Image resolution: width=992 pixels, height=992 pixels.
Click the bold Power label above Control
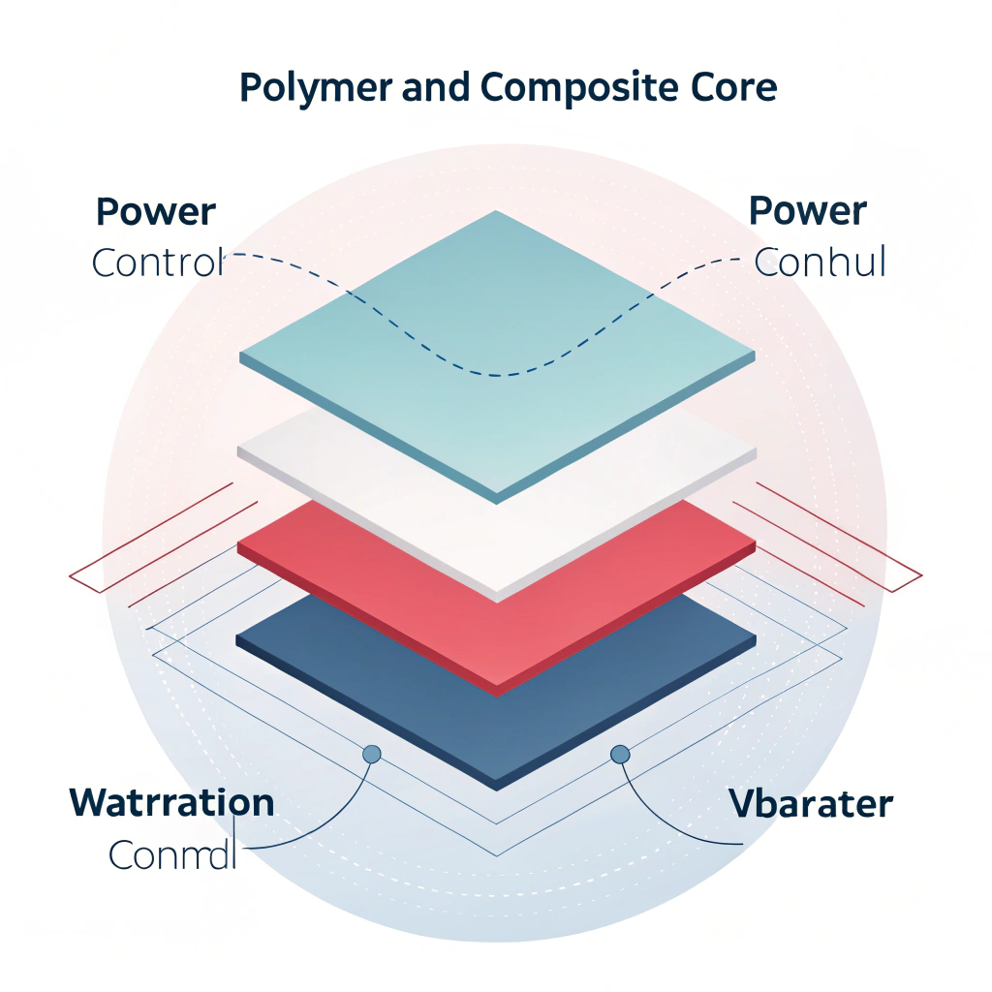pyautogui.click(x=156, y=212)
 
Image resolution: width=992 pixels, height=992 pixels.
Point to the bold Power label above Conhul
pyautogui.click(x=808, y=212)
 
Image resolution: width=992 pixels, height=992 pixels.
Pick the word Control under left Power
pyautogui.click(x=158, y=263)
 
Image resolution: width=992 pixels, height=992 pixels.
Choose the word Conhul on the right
pyautogui.click(x=820, y=263)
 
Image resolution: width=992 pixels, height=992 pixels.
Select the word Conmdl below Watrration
pyautogui.click(x=172, y=854)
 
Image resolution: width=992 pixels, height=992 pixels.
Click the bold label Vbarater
pyautogui.click(x=810, y=804)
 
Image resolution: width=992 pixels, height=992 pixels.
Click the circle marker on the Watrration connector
pyautogui.click(x=370, y=754)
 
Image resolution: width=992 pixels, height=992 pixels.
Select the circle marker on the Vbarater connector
pyautogui.click(x=620, y=754)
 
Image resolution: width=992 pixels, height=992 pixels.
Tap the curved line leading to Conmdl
pyautogui.click(x=329, y=823)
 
